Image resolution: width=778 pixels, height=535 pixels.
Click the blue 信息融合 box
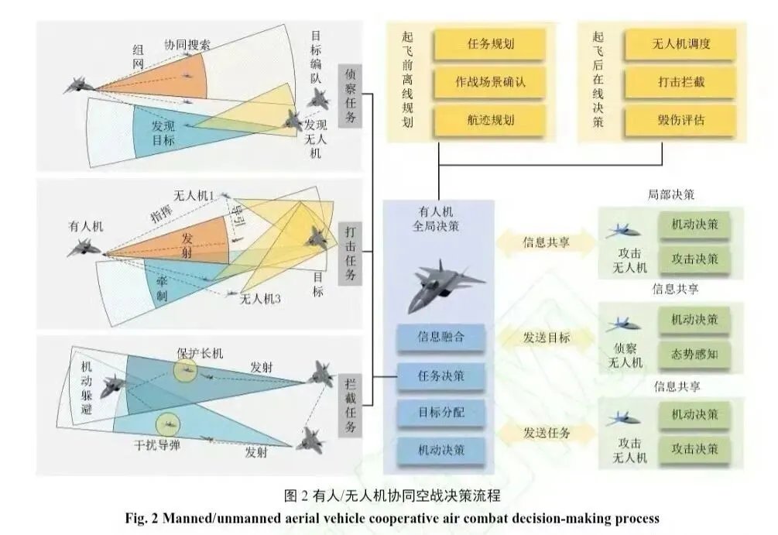440,338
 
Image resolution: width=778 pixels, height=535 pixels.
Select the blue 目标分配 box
440,411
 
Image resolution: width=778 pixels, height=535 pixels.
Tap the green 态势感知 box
694,355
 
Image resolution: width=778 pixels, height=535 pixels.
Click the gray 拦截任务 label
350,404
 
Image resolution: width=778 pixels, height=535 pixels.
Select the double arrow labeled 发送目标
547,338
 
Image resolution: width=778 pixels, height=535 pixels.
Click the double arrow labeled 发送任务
547,433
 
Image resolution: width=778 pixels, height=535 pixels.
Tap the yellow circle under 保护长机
185,371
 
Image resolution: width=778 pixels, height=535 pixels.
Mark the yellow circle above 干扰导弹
166,424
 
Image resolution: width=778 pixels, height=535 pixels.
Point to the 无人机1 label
194,197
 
